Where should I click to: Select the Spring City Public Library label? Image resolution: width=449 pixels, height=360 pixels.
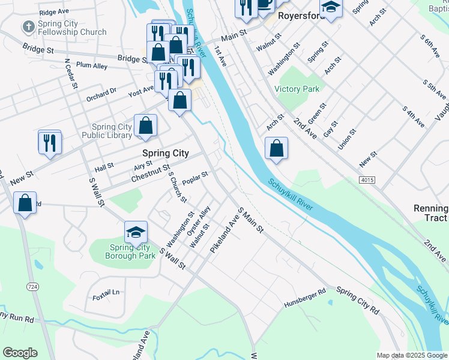pyautogui.click(x=112, y=131)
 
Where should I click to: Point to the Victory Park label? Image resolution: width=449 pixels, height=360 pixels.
pyautogui.click(x=297, y=89)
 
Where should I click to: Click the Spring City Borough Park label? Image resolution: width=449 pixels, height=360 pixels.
pyautogui.click(x=130, y=251)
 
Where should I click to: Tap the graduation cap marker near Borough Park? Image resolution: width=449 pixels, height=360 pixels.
pyautogui.click(x=136, y=233)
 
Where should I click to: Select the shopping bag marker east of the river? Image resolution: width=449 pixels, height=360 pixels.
pyautogui.click(x=276, y=149)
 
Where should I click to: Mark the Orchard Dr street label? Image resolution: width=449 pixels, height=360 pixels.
pyautogui.click(x=100, y=93)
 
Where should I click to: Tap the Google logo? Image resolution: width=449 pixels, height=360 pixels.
pyautogui.click(x=20, y=353)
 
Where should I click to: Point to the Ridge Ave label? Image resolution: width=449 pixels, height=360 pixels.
pyautogui.click(x=54, y=11)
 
